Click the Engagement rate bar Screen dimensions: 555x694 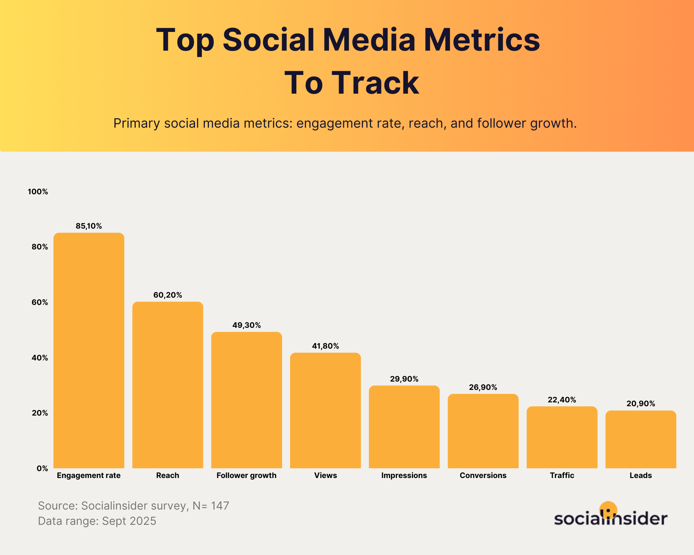89,350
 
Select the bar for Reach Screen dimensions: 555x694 168,385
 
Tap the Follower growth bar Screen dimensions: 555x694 246,400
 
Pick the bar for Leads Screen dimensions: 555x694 641,439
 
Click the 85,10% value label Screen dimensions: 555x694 89,226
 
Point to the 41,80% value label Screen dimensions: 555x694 325,346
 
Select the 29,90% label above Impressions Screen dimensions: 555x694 404,379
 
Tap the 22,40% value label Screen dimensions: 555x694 562,400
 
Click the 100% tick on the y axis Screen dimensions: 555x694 38,192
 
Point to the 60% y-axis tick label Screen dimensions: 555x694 40,302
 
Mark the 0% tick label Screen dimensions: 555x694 42,469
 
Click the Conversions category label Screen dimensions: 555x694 483,475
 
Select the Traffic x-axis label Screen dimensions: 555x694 562,475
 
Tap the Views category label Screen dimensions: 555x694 325,475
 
